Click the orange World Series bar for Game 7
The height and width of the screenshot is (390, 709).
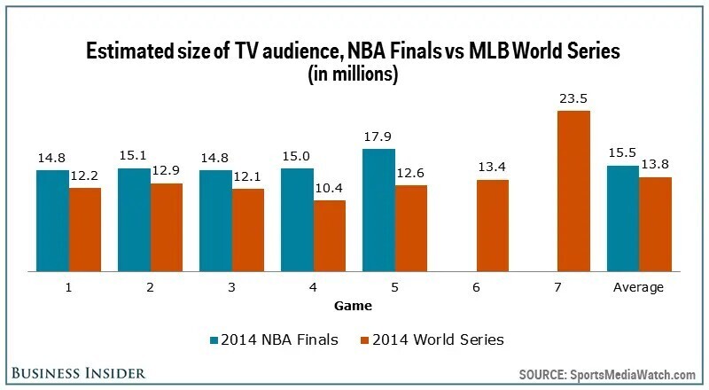pyautogui.click(x=574, y=191)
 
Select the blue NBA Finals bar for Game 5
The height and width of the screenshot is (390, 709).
pyautogui.click(x=378, y=210)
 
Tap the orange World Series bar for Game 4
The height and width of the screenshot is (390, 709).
pyautogui.click(x=330, y=236)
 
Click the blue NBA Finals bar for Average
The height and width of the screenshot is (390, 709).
pyautogui.click(x=623, y=218)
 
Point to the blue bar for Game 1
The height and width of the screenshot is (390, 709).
pyautogui.click(x=52, y=221)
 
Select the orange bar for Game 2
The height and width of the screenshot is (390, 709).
pyautogui.click(x=167, y=227)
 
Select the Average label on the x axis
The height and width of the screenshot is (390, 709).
pyautogui.click(x=639, y=288)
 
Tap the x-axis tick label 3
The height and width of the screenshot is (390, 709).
pyautogui.click(x=231, y=288)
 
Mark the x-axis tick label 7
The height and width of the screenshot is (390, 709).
pyautogui.click(x=557, y=288)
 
